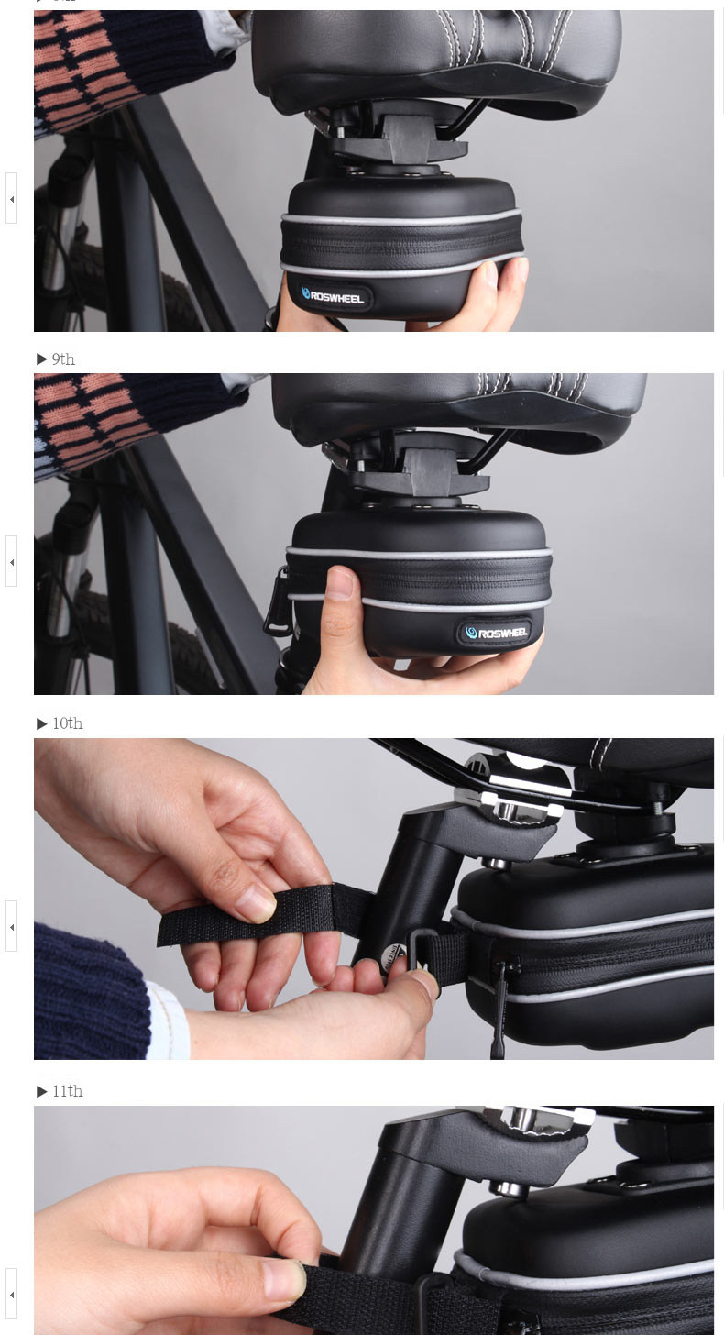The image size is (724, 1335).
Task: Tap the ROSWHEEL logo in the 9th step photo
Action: [x=496, y=633]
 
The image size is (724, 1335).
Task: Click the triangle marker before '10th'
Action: [x=42, y=723]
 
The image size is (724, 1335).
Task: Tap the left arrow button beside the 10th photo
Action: [x=11, y=926]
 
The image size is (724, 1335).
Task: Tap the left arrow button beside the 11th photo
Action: [x=11, y=1294]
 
